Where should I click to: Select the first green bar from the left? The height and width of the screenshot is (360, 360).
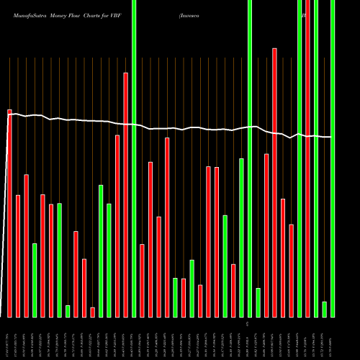35,280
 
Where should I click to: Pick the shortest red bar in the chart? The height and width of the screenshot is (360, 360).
92,312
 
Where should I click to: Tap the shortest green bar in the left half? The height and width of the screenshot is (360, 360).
68,311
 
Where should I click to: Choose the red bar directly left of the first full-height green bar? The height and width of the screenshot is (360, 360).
125,194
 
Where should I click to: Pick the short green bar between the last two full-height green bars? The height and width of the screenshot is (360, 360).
324,309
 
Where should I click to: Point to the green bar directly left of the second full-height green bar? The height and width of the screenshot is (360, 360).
241,238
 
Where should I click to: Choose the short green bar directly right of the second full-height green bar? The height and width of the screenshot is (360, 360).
258,302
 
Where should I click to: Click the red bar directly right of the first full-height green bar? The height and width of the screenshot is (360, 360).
142,280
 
